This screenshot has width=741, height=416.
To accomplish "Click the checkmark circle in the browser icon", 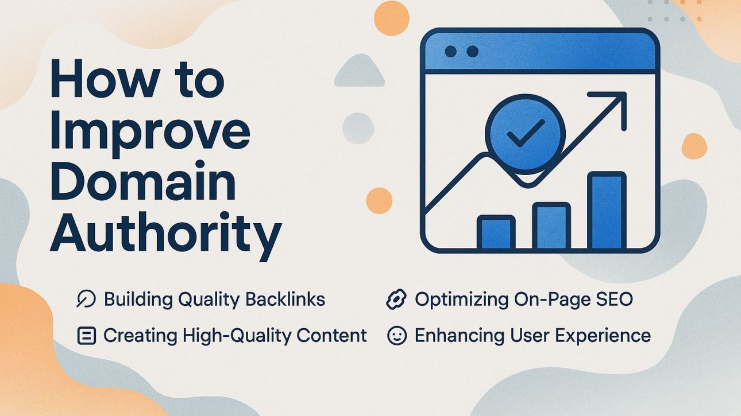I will pos(525,135).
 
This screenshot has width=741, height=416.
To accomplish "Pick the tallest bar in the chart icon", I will pos(606,211).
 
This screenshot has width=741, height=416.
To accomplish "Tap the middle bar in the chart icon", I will pos(551,226).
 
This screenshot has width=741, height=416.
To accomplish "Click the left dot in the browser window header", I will pos(451,52).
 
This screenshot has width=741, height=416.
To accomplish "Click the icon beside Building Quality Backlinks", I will pos(86,300).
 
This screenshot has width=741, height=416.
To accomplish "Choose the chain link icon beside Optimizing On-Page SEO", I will pos(396,300).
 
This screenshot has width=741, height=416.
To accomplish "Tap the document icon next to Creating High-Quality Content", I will pos(86,336).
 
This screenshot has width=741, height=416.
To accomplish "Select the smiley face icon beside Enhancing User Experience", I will pos(396,336).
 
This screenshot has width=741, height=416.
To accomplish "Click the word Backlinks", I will pos(285,300).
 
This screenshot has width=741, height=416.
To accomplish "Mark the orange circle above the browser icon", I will pos(391,18).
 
